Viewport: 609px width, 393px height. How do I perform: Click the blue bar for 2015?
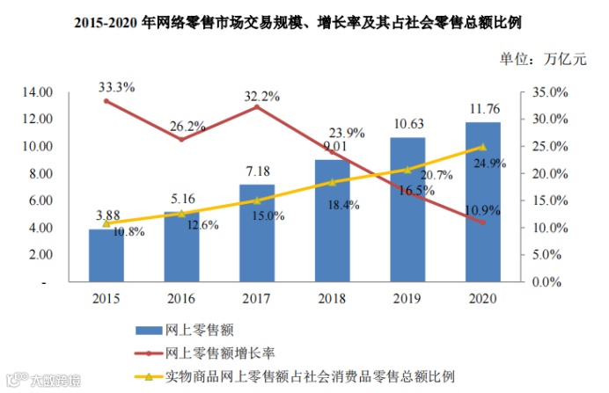pos(106,256)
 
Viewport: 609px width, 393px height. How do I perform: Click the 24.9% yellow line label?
pos(495,163)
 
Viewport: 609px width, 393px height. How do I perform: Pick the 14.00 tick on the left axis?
pos(39,91)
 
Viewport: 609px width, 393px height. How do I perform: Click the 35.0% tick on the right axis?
pos(552,91)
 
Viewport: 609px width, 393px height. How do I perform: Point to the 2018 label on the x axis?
pos(332,299)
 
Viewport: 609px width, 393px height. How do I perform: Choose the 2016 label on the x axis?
pos(181,299)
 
